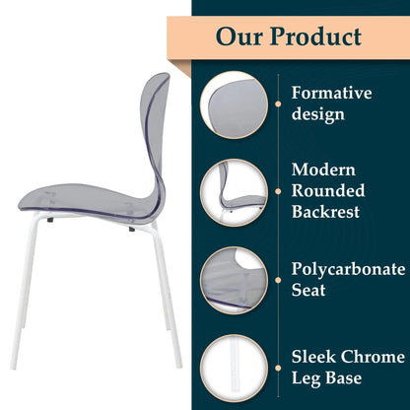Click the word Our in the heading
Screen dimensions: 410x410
click(243, 37)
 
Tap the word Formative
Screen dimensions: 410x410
click(331, 94)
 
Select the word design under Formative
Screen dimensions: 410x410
click(317, 115)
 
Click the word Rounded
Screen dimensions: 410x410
click(326, 190)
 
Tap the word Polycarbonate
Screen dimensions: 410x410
click(347, 269)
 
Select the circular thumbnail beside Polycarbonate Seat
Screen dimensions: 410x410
click(234, 279)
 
